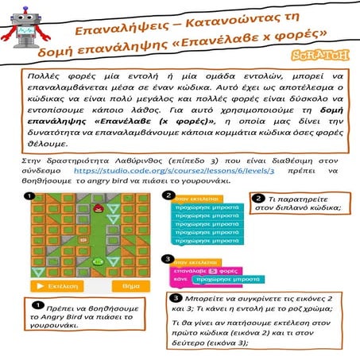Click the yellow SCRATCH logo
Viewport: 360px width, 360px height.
click(x=327, y=56)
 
